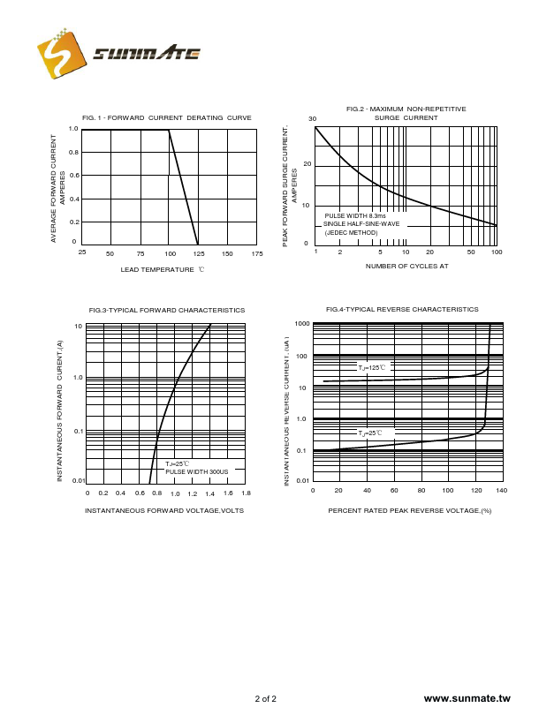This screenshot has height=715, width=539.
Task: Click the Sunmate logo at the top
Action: pos(119,55)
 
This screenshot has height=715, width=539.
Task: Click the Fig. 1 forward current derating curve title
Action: pos(166,117)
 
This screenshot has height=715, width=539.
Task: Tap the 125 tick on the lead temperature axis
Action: pos(198,254)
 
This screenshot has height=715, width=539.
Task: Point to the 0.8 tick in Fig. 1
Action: pos(74,152)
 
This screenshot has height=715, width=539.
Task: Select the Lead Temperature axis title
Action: pos(162,269)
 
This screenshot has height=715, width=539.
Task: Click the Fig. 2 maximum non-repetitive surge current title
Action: pos(406,113)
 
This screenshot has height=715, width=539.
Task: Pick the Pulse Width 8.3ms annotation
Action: pos(354,215)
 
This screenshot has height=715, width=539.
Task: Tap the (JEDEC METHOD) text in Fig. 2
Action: pos(351,232)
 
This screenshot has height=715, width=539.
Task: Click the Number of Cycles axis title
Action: pos(406,266)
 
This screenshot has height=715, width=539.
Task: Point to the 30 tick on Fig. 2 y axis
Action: pos(312,119)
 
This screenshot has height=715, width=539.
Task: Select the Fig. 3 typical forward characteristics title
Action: pos(167,310)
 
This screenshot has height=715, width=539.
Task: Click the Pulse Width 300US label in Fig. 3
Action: pos(196,472)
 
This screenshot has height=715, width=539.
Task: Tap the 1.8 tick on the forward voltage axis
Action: pos(246,493)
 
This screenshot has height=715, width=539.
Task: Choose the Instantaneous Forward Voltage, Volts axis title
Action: pos(164,510)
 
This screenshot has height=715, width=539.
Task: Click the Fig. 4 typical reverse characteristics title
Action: pos(402,309)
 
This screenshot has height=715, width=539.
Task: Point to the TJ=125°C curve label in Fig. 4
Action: pos(372,366)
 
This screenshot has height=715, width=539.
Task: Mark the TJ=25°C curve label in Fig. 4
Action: pos(370,433)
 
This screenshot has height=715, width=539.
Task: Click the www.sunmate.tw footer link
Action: pos(467,698)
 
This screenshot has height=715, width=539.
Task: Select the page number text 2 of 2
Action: pos(265,699)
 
